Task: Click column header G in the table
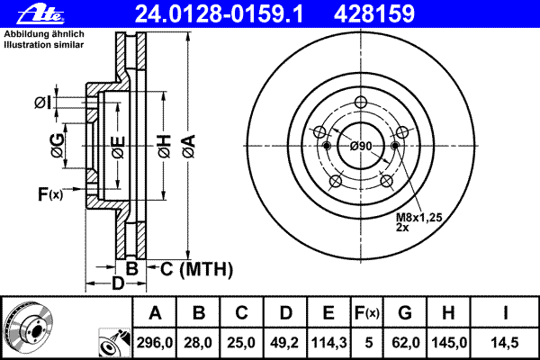(405, 313)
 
